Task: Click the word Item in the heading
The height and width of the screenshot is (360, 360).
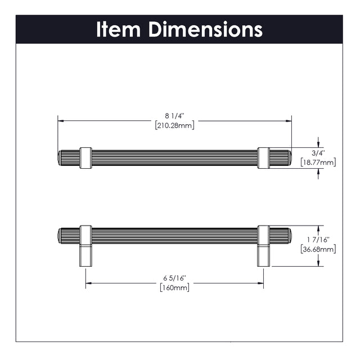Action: click(118, 29)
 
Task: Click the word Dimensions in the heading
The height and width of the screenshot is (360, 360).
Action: click(206, 29)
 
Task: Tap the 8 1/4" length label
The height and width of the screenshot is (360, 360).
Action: click(175, 116)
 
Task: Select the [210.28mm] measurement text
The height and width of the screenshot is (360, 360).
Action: click(175, 125)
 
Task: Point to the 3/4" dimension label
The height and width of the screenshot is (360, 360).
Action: click(318, 152)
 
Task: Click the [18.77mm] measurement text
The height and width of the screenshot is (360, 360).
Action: click(318, 163)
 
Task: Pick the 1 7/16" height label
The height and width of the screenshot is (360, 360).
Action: click(318, 240)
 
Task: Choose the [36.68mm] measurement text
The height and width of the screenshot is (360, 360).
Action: click(318, 249)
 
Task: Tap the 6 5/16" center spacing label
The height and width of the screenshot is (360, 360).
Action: click(174, 278)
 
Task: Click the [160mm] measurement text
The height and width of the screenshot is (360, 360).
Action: click(175, 287)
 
